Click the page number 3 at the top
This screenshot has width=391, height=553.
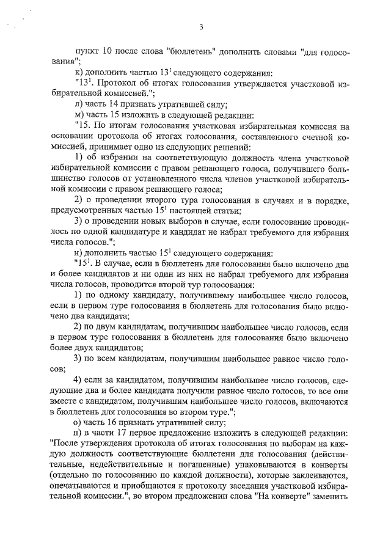200,26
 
